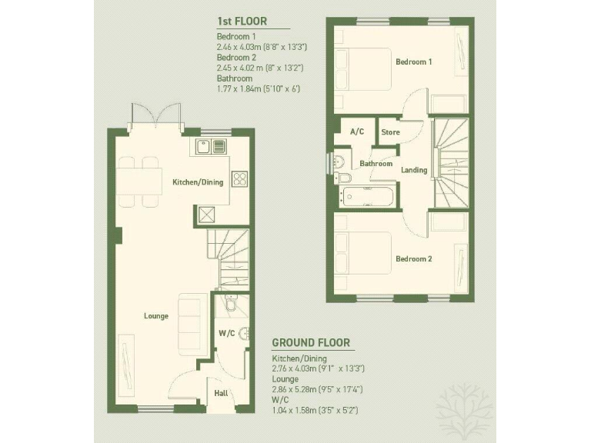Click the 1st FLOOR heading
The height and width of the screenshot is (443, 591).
point(242,22)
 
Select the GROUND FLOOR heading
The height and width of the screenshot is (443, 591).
point(311,343)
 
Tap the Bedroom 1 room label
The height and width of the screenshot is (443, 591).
point(414,62)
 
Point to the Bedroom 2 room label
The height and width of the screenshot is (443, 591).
point(414,259)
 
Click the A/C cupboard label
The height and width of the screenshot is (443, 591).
point(357,132)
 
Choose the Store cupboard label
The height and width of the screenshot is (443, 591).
point(391,132)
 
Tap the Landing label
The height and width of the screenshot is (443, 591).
point(414,170)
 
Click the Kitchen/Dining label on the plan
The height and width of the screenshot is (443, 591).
point(198,182)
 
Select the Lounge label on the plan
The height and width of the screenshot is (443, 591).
point(155,316)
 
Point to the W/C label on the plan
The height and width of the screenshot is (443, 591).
point(226,334)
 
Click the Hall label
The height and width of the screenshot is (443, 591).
point(221,393)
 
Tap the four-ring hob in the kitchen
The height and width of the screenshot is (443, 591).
point(239,179)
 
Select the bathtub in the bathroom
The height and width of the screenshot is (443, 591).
point(368,197)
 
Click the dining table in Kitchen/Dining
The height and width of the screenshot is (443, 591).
point(139,182)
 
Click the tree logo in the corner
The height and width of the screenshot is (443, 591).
point(463,408)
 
